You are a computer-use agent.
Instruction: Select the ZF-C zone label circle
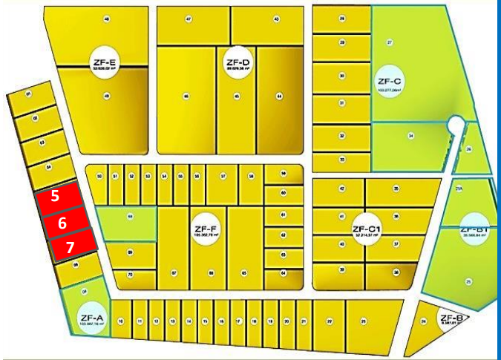pos(389,82)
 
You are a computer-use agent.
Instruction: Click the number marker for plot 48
pos(108,19)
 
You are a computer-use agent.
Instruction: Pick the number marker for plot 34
pos(410,136)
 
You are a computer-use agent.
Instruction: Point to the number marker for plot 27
pos(390,43)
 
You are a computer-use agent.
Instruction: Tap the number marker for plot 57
pos(222,176)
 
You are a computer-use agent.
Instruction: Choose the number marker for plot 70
pos(130,275)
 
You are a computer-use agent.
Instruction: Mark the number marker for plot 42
pos(342,189)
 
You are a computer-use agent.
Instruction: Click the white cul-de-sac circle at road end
pos(456,124)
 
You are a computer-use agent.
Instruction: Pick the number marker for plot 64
pos(284,273)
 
